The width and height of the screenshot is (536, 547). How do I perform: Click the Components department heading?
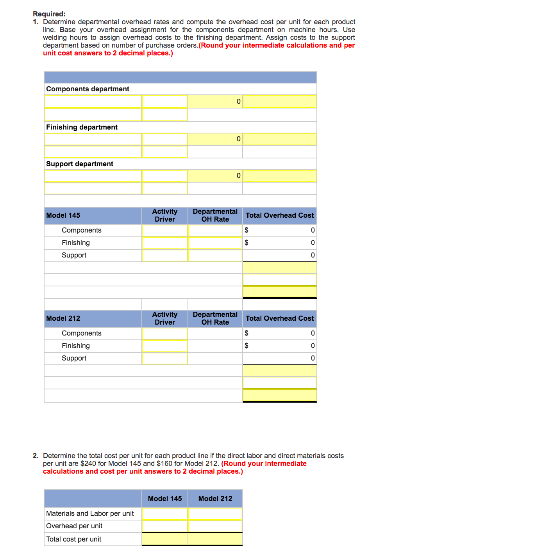pyautogui.click(x=88, y=89)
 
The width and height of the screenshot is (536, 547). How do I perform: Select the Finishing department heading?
pyautogui.click(x=82, y=127)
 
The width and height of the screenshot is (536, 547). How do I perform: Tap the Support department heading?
pyautogui.click(x=80, y=164)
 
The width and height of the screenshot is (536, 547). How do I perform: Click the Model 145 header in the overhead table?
pyautogui.click(x=63, y=215)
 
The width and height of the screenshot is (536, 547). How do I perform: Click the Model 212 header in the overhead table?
pyautogui.click(x=63, y=318)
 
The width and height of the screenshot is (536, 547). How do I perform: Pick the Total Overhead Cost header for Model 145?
pyautogui.click(x=279, y=215)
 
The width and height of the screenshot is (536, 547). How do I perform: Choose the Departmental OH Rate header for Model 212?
pyautogui.click(x=215, y=318)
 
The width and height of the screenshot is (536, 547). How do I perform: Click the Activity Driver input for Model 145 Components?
pyautogui.click(x=165, y=230)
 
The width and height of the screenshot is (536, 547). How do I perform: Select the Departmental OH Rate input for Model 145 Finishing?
pyautogui.click(x=215, y=243)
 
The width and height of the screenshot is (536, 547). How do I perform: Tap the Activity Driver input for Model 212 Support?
pyautogui.click(x=165, y=358)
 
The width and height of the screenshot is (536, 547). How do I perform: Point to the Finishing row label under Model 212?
pyautogui.click(x=76, y=346)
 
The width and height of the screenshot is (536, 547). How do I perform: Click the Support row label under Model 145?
pyautogui.click(x=74, y=255)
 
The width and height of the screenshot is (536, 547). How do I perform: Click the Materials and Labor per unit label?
pyautogui.click(x=90, y=513)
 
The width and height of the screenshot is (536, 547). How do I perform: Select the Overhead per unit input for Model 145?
pyautogui.click(x=165, y=526)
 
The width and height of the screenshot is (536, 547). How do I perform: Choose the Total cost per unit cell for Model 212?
pyautogui.click(x=215, y=539)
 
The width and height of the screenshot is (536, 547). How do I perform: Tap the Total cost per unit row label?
pyautogui.click(x=73, y=539)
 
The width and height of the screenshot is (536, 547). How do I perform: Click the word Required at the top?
pyautogui.click(x=49, y=14)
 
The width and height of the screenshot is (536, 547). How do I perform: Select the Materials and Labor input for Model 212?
pyautogui.click(x=215, y=513)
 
